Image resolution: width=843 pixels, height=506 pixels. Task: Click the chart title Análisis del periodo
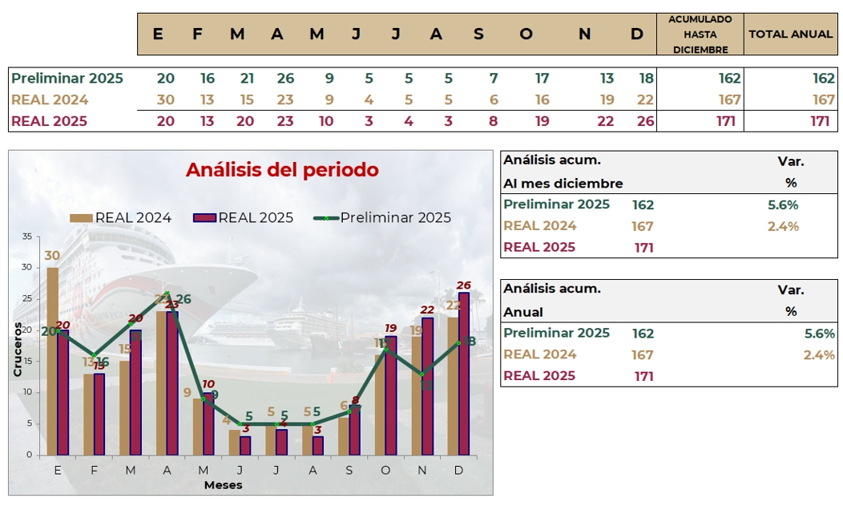pos(282,170)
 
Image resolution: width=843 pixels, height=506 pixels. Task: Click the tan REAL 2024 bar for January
pos(52,361)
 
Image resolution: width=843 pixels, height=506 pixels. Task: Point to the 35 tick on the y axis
pos(27,237)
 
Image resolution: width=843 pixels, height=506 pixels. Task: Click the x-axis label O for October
pos(385,470)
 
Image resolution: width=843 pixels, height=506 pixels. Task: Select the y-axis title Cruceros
pos(17,349)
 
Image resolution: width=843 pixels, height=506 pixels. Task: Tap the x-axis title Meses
pos(223,485)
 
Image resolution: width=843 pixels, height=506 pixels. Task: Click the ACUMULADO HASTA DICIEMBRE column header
pos(700,34)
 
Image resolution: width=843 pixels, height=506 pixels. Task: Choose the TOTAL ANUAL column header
pos(790,34)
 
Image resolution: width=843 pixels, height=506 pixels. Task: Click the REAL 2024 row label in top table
pos(50,100)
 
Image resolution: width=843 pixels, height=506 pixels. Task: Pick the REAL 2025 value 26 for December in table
pos(645,122)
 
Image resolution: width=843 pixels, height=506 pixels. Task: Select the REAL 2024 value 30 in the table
pos(166,100)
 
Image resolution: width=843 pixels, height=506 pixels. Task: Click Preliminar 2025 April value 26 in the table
pos(285,79)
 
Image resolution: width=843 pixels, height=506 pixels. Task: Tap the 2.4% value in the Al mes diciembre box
pos(783,226)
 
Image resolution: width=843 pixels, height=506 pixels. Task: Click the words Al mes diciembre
pos(563,183)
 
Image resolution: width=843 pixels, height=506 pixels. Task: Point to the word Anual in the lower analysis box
pos(523,312)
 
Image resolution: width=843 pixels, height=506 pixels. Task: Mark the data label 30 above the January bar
pos(52,256)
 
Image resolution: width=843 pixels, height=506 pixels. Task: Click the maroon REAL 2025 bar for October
pos(390,395)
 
